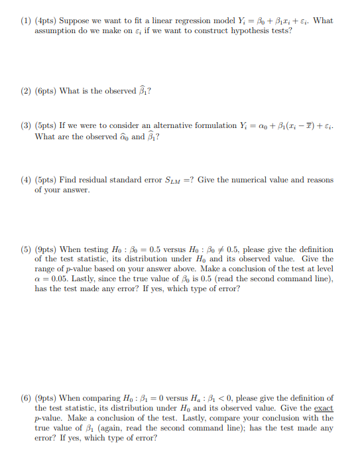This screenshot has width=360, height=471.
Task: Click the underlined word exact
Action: click(x=324, y=408)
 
